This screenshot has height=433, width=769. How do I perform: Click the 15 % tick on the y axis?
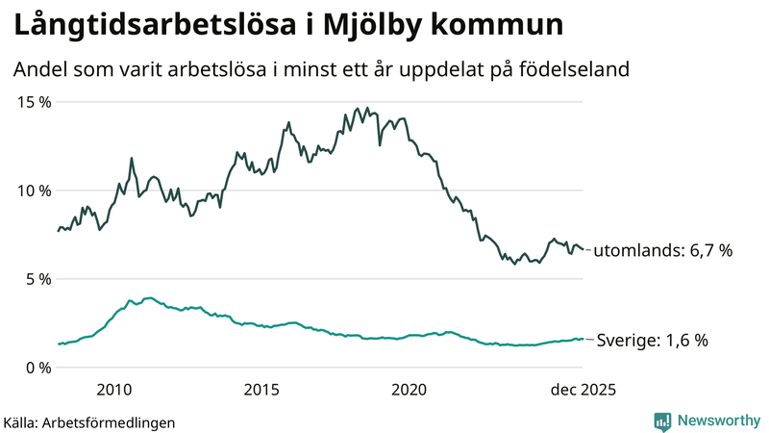click(x=33, y=102)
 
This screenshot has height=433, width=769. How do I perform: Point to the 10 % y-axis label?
click(x=33, y=191)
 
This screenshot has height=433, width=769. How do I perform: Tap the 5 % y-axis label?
click(x=37, y=279)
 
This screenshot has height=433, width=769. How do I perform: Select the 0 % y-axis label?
click(x=37, y=368)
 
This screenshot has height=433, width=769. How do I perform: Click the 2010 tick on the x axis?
click(x=113, y=389)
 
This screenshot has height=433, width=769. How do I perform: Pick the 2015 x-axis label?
click(x=260, y=389)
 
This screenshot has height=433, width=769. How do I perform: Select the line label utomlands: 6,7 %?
click(x=663, y=250)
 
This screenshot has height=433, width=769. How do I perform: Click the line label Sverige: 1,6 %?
click(x=653, y=341)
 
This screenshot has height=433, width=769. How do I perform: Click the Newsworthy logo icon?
click(x=662, y=420)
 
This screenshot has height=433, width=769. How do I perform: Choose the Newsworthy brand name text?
click(x=717, y=420)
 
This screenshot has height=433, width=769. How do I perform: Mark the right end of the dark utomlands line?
click(x=583, y=249)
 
